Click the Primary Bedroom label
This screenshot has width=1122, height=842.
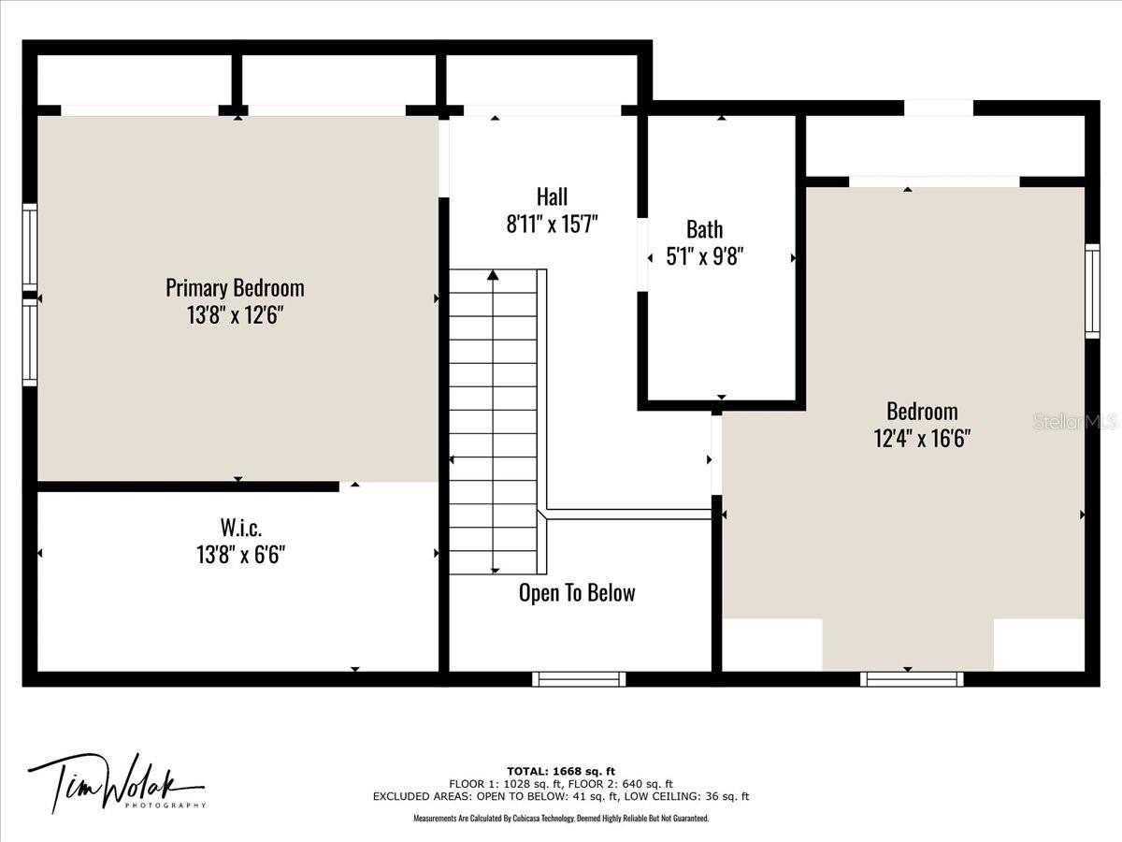(235, 288)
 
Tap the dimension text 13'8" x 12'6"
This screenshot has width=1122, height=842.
(235, 314)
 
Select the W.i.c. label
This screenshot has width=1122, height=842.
(240, 527)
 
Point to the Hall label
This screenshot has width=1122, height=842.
(552, 196)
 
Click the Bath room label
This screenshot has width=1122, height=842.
(704, 229)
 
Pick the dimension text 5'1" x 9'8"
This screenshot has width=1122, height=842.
(704, 256)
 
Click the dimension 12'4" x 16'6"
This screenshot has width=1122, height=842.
(922, 438)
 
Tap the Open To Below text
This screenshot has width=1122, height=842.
(577, 592)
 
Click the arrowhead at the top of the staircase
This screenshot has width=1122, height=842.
(493, 275)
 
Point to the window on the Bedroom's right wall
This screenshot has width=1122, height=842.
(1092, 291)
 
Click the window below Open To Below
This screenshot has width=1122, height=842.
(579, 679)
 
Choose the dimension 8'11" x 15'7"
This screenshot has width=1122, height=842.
(552, 224)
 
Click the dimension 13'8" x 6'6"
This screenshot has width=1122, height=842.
(240, 554)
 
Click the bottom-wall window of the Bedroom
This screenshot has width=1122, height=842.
(912, 679)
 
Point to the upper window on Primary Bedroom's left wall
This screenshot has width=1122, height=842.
(30, 247)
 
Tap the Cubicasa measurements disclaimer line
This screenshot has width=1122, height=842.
(561, 818)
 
